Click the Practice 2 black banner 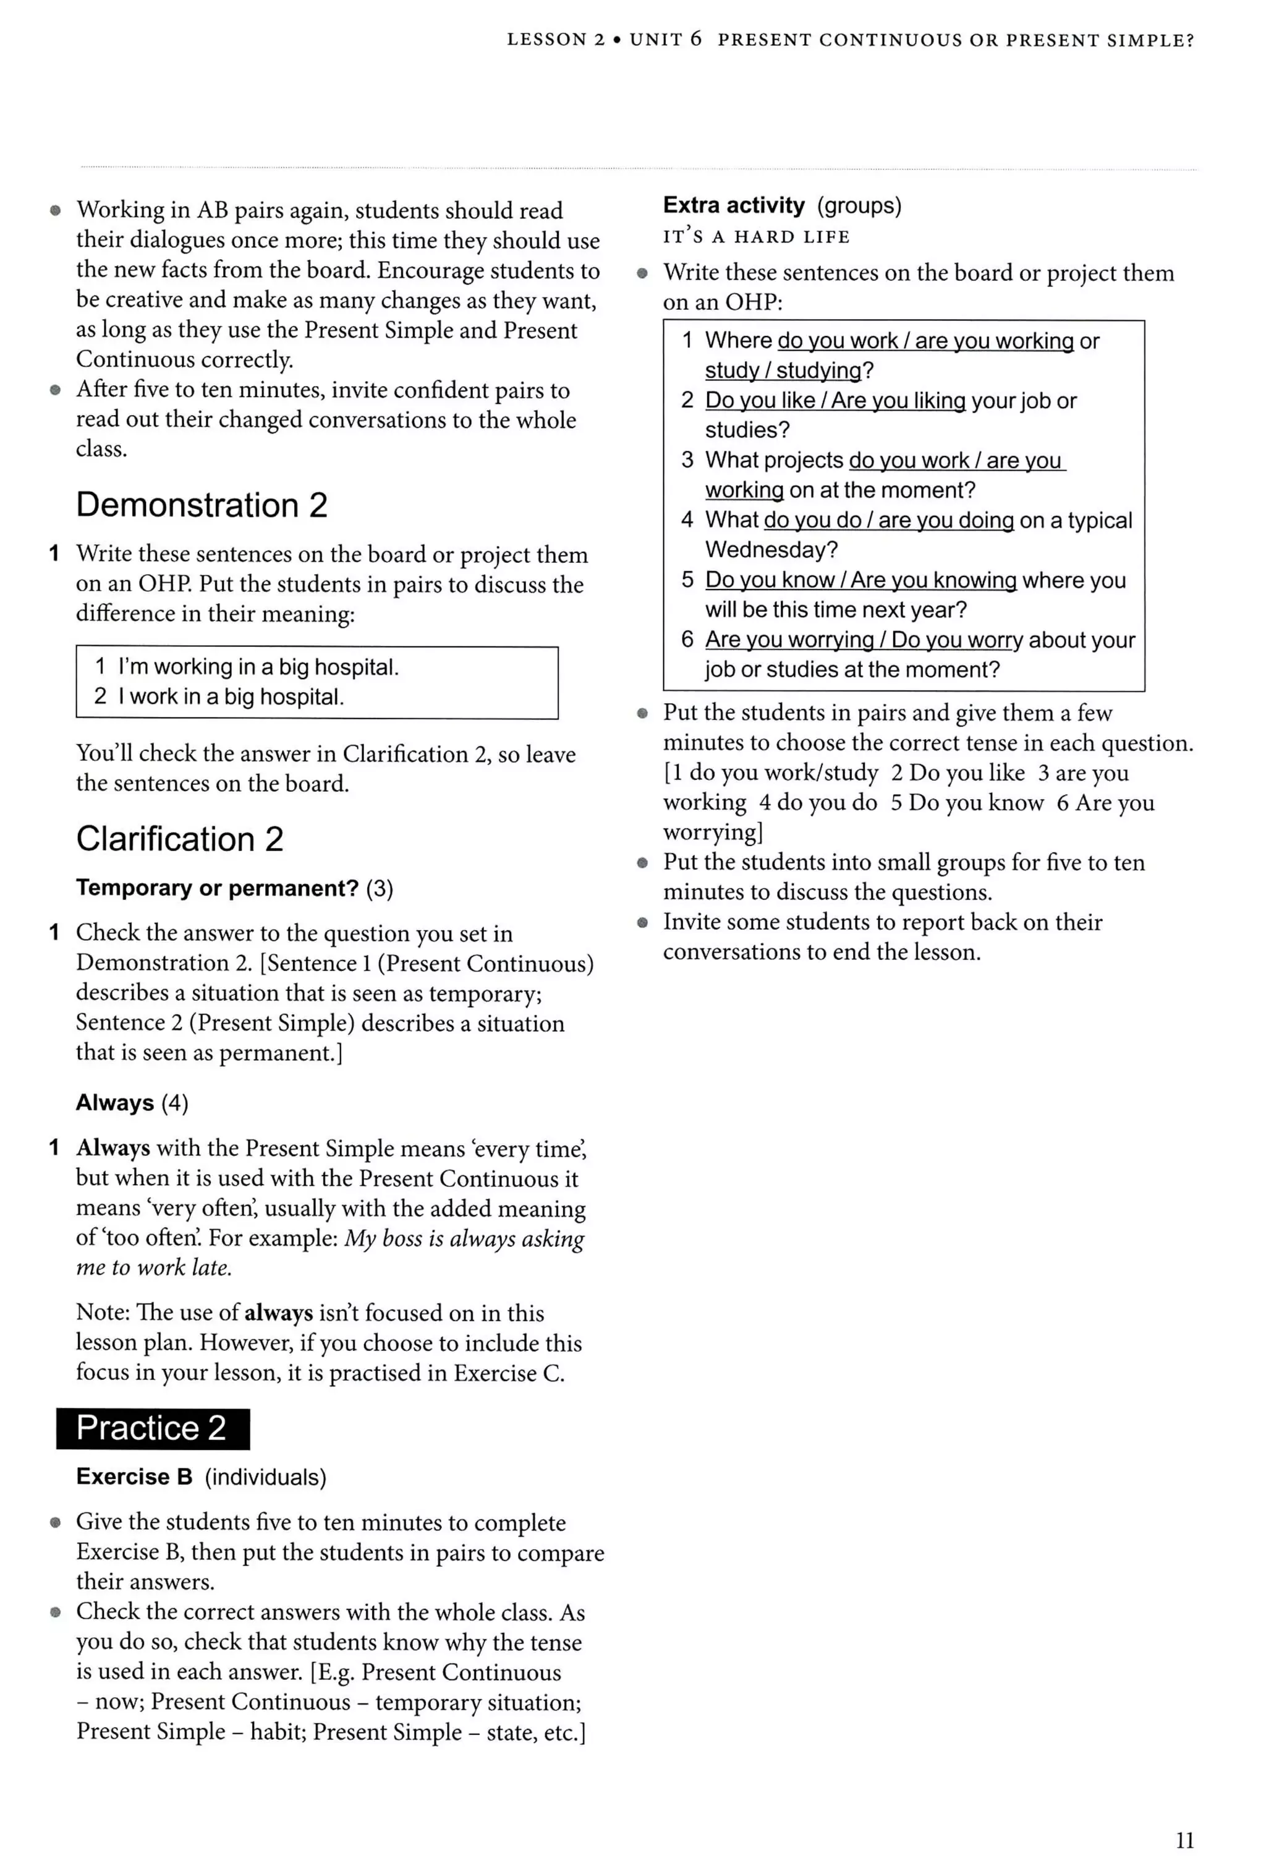153,1428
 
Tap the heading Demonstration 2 202,505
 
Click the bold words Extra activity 733,206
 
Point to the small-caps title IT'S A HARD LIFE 756,237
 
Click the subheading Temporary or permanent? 217,888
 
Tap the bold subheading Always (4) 132,1103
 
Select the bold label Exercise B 134,1477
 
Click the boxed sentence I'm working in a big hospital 258,667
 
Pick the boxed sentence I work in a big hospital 231,697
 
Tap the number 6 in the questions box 687,640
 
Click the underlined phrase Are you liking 898,401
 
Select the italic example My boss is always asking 464,1239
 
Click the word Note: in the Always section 103,1313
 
